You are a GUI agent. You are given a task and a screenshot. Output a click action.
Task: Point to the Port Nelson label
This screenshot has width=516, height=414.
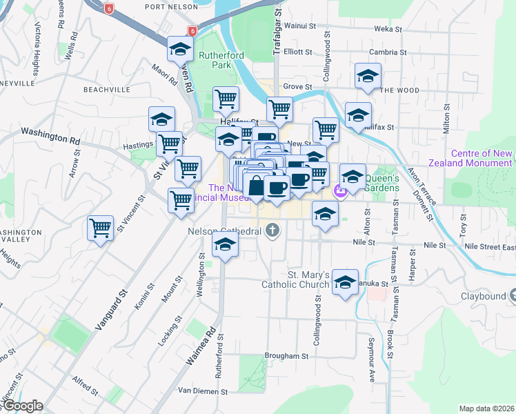click(168, 6)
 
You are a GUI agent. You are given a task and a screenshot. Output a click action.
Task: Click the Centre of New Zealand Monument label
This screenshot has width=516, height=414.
click(482, 158)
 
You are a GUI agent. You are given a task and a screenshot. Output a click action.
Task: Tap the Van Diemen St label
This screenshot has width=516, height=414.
click(203, 391)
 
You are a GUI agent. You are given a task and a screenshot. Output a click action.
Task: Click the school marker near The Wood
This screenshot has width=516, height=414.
click(368, 76)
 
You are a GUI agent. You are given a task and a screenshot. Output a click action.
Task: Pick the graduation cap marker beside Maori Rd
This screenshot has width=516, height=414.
click(180, 49)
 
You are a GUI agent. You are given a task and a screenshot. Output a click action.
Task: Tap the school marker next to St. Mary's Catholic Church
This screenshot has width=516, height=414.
click(346, 282)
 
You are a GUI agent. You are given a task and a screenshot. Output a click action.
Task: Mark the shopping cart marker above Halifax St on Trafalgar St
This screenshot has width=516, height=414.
click(279, 108)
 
